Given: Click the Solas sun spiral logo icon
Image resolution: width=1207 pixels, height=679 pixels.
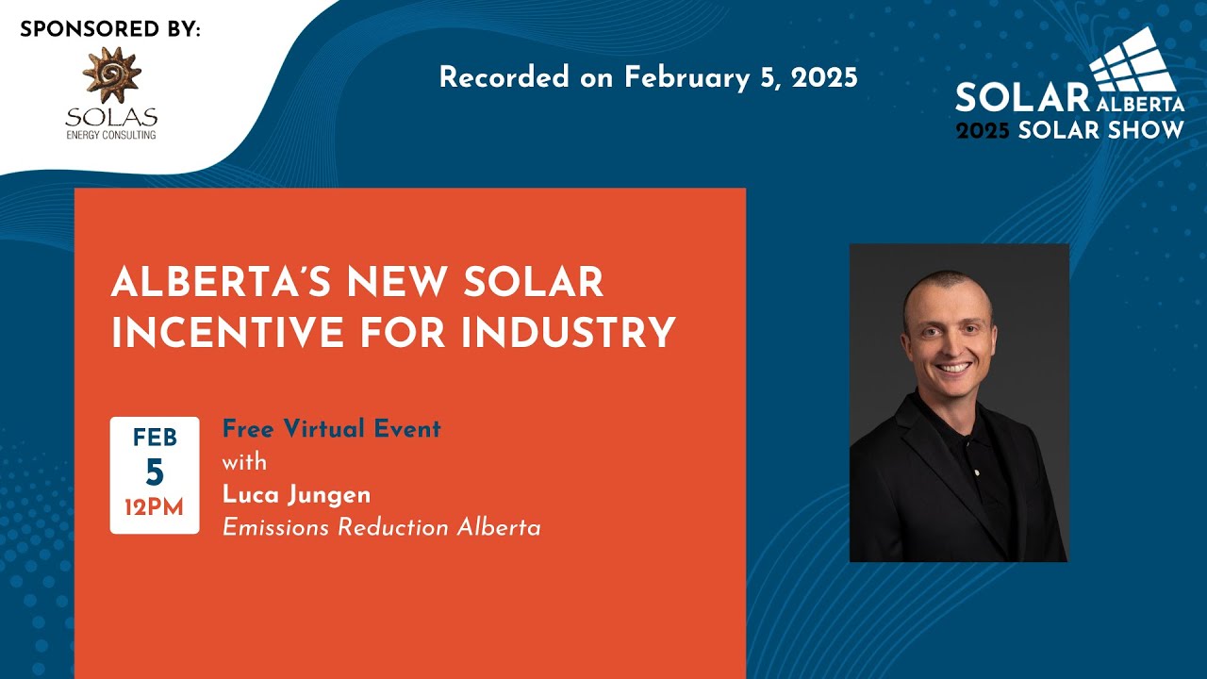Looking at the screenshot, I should [x=110, y=75].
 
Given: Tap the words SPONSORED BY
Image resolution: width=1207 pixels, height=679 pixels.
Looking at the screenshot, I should [x=110, y=29].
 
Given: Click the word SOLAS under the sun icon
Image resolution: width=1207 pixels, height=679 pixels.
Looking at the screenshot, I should [x=110, y=118].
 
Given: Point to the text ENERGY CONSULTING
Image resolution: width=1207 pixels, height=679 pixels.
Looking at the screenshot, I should [x=110, y=135].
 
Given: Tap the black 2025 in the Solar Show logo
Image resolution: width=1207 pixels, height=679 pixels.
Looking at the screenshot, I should [x=984, y=130].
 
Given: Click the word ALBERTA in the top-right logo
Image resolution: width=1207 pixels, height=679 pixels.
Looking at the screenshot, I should [x=1139, y=103].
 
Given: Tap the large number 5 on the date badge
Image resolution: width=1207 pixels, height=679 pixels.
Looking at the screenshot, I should [x=155, y=472].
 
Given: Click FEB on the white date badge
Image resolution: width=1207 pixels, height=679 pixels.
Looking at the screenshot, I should [x=155, y=439].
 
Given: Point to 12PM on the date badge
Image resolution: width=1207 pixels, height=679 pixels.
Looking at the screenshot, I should [x=155, y=508].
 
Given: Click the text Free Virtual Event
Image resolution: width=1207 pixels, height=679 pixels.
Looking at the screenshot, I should [x=331, y=429].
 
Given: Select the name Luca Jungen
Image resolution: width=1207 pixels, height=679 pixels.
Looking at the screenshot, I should [x=297, y=494].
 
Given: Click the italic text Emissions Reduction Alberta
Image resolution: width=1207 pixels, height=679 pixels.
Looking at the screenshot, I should [x=381, y=527].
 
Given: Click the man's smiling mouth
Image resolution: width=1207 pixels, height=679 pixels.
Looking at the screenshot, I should [x=954, y=368].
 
